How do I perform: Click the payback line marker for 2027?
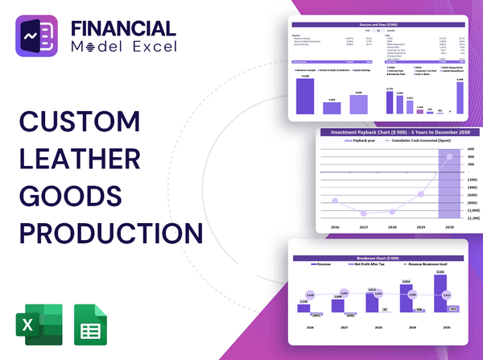pos(365,213)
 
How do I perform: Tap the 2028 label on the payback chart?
pos(393,228)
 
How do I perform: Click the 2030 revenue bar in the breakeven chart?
pos(440,293)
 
